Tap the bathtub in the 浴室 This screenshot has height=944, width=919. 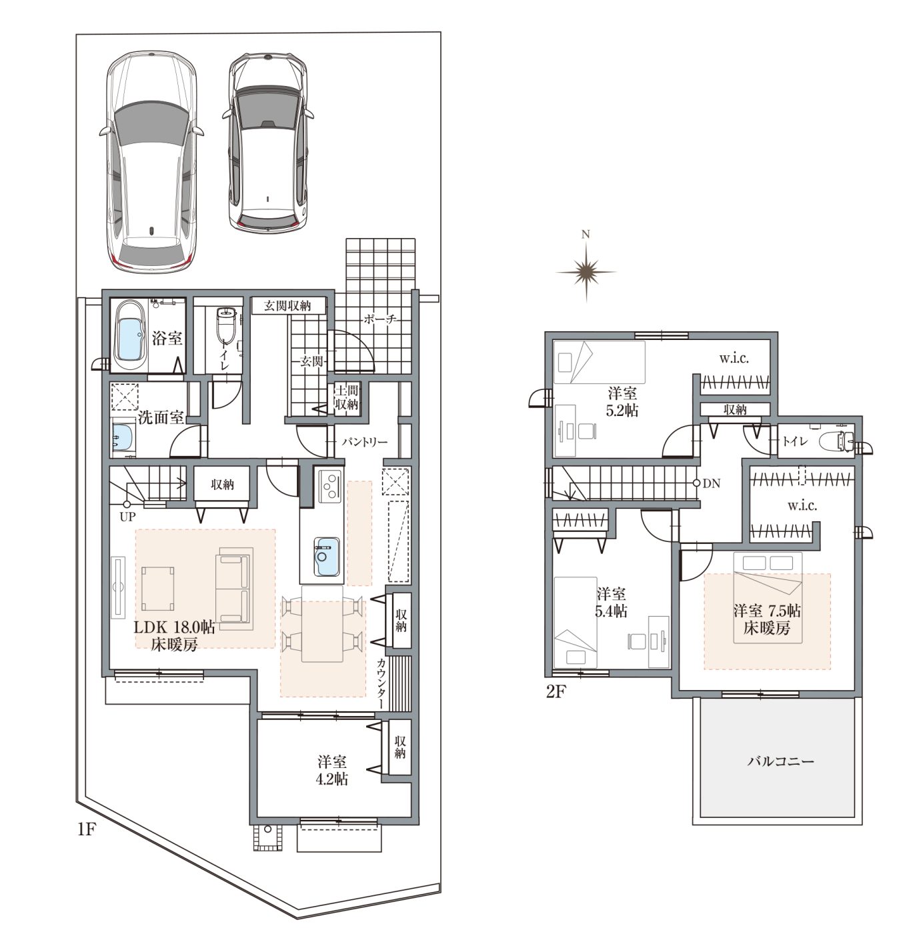[x=129, y=335]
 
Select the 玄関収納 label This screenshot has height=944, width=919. [x=287, y=305]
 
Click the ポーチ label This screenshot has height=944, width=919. [x=380, y=319]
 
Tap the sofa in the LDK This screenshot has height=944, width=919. [x=234, y=589]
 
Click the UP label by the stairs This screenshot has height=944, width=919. [x=127, y=517]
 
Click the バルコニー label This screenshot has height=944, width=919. [x=780, y=761]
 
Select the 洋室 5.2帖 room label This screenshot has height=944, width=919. [x=622, y=401]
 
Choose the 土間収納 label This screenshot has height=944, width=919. [x=346, y=397]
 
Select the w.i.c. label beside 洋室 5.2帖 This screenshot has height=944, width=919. [x=734, y=359]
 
